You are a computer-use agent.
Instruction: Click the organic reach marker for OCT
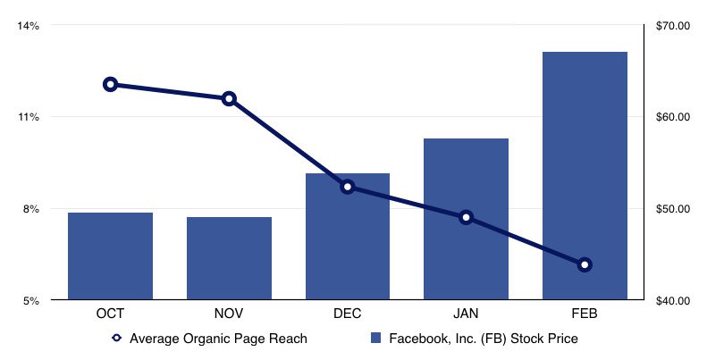(110, 85)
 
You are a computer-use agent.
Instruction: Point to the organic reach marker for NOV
(229, 98)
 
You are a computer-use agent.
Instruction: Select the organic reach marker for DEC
(348, 187)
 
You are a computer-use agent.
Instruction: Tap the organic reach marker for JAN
(466, 217)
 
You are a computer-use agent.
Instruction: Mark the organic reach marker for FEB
(585, 264)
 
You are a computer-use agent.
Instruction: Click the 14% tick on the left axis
(29, 26)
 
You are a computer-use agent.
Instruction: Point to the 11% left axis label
(29, 117)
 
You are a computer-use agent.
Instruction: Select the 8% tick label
(31, 209)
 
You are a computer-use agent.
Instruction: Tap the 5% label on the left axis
(31, 301)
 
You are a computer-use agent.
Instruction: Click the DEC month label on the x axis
(348, 314)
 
